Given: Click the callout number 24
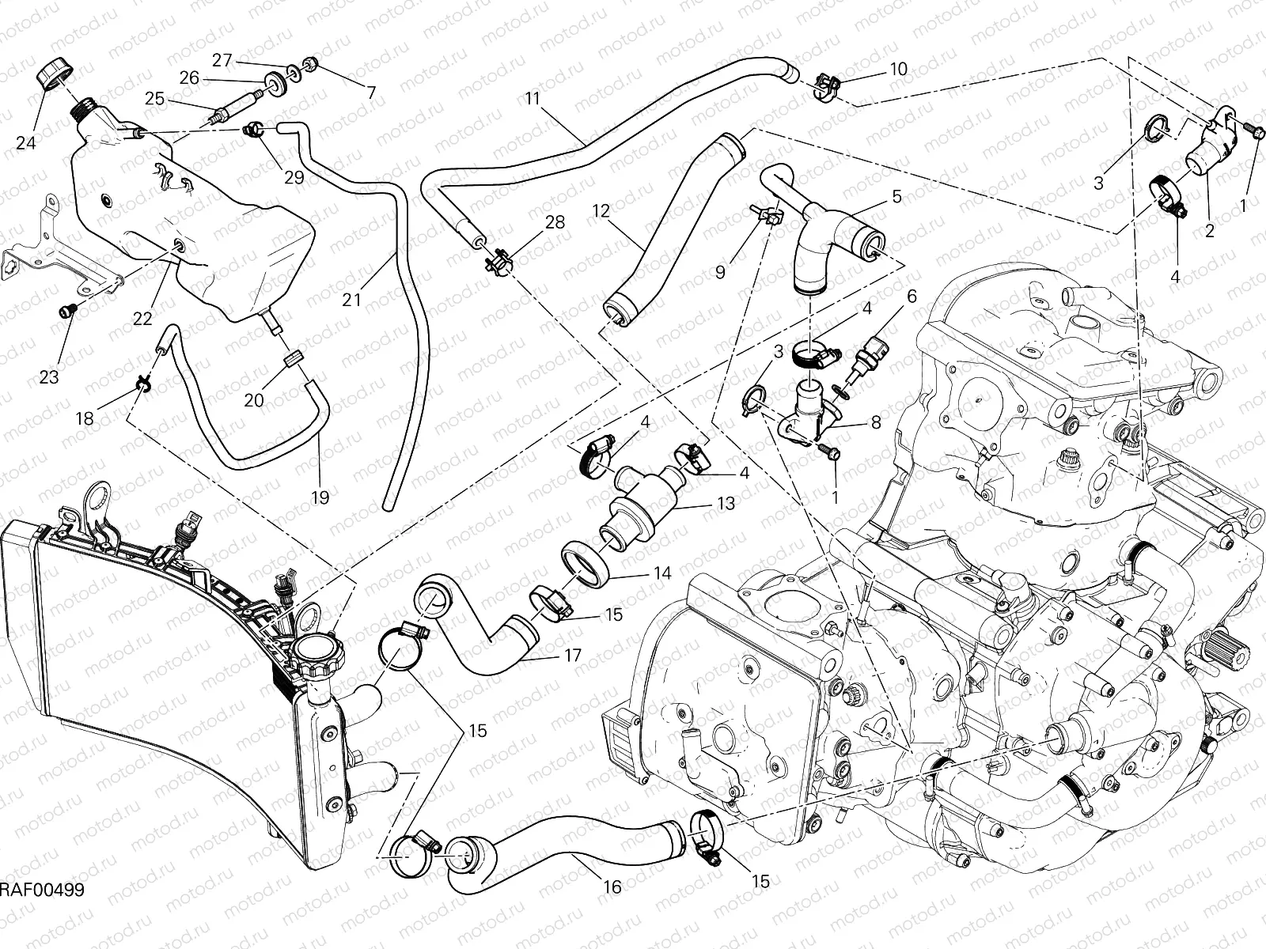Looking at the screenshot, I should [x=26, y=143].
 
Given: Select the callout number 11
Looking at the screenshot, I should [x=532, y=99].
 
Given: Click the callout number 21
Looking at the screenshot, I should [x=352, y=300].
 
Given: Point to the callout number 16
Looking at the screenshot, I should [x=612, y=887].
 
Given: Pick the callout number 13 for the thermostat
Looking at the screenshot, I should [x=725, y=504].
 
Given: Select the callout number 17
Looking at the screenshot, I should [x=573, y=656].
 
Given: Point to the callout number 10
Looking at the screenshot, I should [x=898, y=69].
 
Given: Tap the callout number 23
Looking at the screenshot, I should [x=49, y=377].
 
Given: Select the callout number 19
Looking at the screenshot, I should [x=320, y=497].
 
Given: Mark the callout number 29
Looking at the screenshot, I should [x=294, y=177].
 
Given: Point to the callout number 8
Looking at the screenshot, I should [x=875, y=422].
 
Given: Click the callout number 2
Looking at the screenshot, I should [x=1208, y=231].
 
